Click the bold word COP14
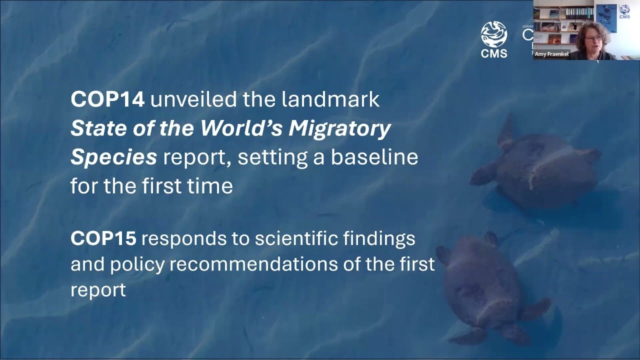(107, 100)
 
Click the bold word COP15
(103, 238)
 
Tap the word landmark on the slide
(330, 100)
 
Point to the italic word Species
(113, 157)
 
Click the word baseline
(374, 157)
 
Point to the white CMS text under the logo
(494, 53)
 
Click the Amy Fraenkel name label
(551, 54)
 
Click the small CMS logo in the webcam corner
(624, 11)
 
